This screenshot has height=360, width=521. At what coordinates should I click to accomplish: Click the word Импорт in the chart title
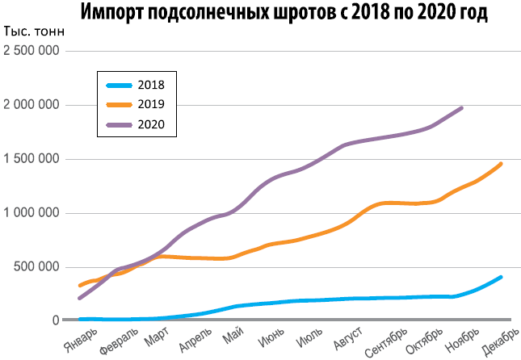(124, 15)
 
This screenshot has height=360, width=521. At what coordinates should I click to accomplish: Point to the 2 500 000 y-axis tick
(32, 51)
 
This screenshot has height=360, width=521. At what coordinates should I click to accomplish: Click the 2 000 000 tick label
(32, 105)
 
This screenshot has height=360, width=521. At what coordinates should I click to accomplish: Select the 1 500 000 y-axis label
(32, 159)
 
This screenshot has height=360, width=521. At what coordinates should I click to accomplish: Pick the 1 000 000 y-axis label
(32, 213)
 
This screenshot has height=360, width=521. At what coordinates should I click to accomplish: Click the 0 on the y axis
(55, 320)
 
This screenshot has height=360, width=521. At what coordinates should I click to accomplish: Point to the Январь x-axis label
(82, 337)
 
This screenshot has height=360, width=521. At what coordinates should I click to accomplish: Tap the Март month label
(157, 334)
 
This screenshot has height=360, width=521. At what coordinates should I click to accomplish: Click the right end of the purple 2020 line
(461, 107)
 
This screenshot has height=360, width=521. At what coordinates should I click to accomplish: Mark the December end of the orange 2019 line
(501, 164)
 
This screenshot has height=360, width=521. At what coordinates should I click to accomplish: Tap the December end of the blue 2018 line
(501, 277)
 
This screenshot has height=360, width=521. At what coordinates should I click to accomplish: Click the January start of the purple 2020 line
(79, 298)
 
